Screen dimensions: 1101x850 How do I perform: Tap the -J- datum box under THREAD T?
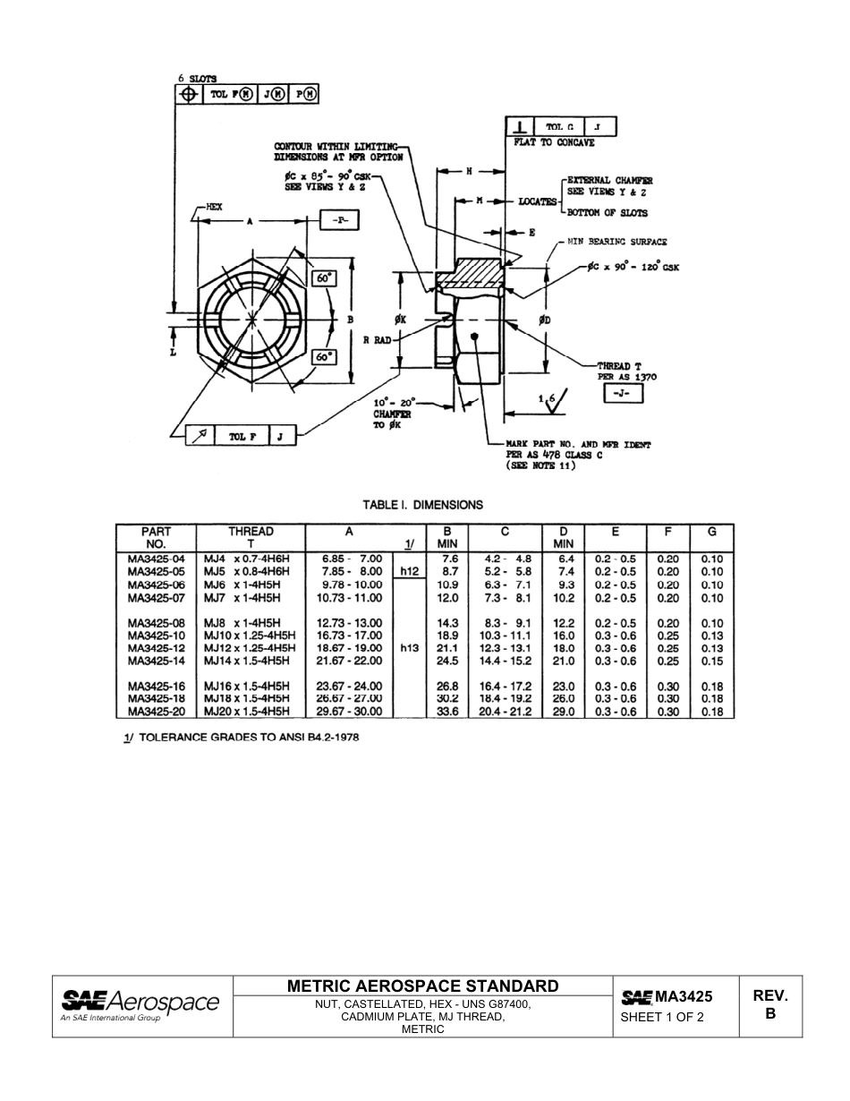coord(624,395)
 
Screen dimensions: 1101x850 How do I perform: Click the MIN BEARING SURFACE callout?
coord(616,242)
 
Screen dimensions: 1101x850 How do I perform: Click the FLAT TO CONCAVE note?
coord(554,142)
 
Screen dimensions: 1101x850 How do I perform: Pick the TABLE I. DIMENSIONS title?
coord(422,505)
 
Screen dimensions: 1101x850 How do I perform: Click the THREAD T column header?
coord(251,537)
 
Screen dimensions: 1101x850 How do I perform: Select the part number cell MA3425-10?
coord(156,636)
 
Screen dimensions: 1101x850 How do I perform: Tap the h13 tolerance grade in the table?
coord(410,648)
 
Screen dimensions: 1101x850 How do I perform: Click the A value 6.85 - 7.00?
coord(352,559)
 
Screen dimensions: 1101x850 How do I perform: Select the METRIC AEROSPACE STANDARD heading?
coord(423,986)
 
